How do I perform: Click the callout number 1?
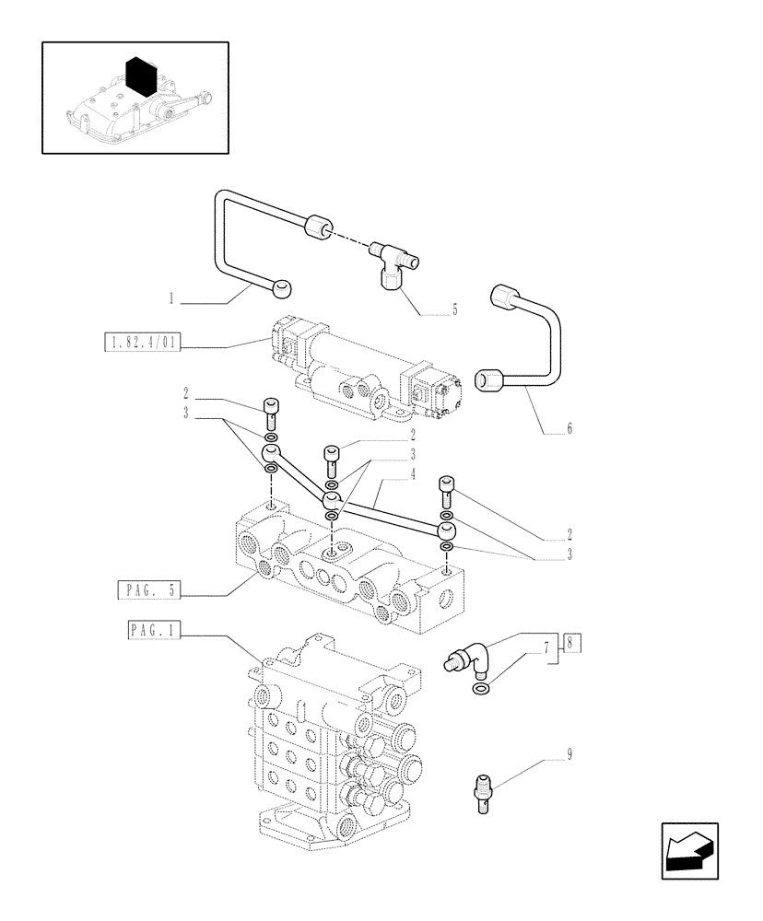coord(172,298)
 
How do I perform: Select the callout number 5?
coord(454,311)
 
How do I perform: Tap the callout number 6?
coord(569,428)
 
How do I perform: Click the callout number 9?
coord(569,756)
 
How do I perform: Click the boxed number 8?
coord(572,644)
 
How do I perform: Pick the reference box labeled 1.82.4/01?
coord(143,344)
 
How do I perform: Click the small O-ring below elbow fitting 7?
coord(480,690)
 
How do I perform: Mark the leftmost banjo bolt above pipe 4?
coord(271,410)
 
